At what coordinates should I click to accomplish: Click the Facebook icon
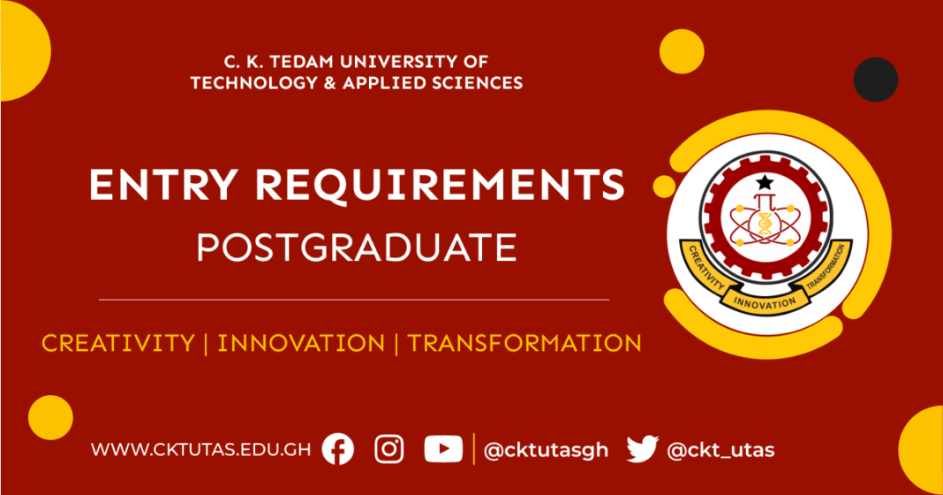(337, 449)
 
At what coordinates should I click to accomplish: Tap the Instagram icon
(389, 449)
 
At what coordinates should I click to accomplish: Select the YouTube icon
(442, 449)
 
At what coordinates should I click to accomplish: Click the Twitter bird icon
(642, 449)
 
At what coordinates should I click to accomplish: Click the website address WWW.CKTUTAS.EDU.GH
(200, 450)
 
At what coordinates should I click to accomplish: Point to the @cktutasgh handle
(546, 450)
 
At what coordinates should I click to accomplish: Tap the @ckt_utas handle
(720, 450)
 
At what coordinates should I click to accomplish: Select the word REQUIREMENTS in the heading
(438, 185)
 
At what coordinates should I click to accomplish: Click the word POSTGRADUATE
(357, 248)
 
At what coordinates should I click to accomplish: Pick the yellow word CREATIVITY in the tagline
(117, 343)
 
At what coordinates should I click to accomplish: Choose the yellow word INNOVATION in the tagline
(301, 343)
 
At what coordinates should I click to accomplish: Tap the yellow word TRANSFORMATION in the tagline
(524, 343)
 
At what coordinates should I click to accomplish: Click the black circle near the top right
(876, 80)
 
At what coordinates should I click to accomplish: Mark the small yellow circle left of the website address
(50, 417)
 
